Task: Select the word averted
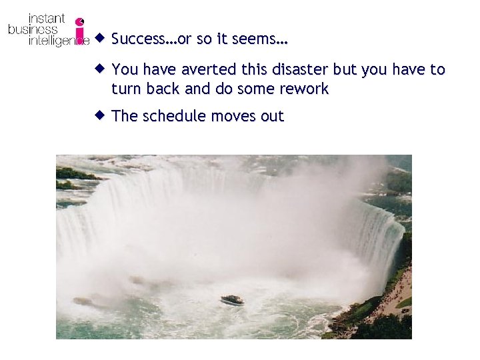(200, 70)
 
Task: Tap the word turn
(125, 89)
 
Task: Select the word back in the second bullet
(162, 89)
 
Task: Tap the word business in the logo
(33, 29)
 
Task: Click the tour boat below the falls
(232, 300)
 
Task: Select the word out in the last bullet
(272, 117)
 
